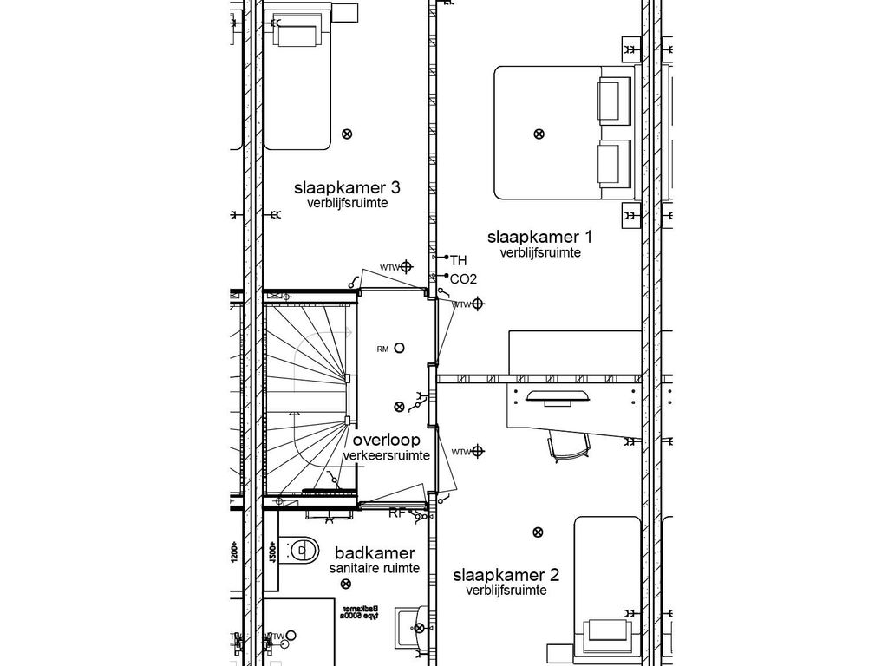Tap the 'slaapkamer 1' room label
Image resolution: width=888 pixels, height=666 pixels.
[539, 237]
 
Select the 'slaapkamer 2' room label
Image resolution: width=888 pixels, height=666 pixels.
[506, 575]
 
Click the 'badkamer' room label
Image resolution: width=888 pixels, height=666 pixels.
[375, 553]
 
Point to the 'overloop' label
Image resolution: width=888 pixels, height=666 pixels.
[386, 441]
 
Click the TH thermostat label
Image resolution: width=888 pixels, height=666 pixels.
[458, 259]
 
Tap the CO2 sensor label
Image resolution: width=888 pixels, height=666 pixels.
[464, 279]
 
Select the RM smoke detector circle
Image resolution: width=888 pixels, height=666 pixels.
[399, 348]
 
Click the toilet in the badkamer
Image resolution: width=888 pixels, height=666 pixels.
[300, 549]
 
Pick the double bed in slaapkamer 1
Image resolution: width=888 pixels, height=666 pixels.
[564, 133]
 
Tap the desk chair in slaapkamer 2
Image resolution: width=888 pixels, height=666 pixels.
[564, 447]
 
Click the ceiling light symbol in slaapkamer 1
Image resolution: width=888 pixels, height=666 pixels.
[539, 134]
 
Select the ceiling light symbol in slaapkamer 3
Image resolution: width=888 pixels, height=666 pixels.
[347, 134]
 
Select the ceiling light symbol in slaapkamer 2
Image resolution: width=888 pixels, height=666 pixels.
[539, 532]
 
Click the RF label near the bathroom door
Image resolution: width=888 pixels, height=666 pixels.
[396, 513]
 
